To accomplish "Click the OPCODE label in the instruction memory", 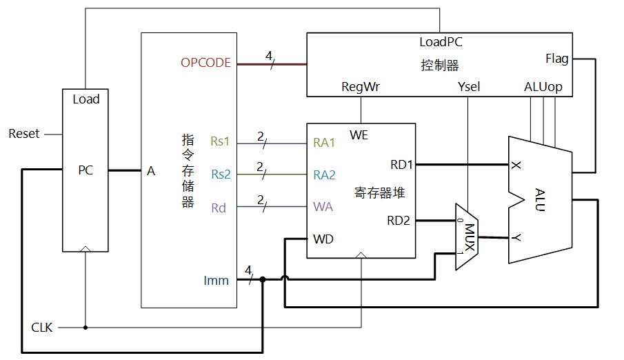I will coord(205,63).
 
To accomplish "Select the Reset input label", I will coord(24,134).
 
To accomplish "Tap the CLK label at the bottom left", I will coord(41,327).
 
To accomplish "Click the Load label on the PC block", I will coord(86,99).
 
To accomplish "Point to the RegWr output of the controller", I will coord(361,87).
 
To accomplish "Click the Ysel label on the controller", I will coord(469,87).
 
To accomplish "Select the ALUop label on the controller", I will coord(543,87).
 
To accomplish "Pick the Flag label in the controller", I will coord(556,59).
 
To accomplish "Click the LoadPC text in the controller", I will coord(441,42).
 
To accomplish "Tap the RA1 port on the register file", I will coord(324,143).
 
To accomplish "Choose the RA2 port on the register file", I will coord(324,174).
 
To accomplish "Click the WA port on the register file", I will coord(323,206).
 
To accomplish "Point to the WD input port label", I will coord(323,239).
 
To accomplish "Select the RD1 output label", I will coord(401,164).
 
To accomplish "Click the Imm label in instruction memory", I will coord(217,280).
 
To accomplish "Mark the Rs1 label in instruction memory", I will coord(220,142).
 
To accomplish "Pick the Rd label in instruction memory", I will coord(218,207).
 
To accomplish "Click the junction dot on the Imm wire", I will coord(263,279).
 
